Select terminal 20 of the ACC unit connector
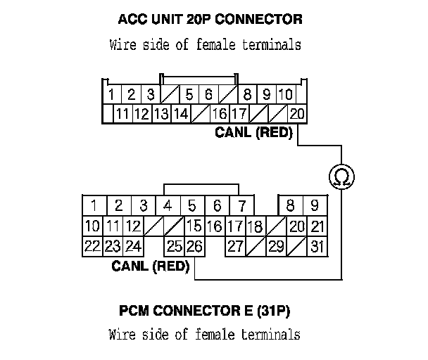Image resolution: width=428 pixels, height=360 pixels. coord(296,113)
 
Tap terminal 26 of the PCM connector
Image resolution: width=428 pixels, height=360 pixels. coord(194,246)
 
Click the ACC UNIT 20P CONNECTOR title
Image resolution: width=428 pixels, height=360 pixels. coord(205,19)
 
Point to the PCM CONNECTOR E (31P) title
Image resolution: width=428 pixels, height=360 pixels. coord(204,310)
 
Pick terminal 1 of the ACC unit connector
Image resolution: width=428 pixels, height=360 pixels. coord(112,94)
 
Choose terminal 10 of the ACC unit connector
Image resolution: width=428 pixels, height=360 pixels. coord(285,94)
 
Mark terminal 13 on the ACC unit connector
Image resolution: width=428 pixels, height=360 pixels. coord(161,113)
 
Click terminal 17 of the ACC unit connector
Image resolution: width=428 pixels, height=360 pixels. coord(239,113)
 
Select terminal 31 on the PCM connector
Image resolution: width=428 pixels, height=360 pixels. coord(317,246)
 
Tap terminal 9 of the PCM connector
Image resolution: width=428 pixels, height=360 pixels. coord(315,206)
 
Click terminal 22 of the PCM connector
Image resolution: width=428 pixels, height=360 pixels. coord(92,246)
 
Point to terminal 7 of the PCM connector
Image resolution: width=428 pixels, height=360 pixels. coord(241,206)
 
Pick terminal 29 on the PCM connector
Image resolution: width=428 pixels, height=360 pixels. coord(275,246)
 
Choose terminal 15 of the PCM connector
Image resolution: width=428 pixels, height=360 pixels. coord(194,226)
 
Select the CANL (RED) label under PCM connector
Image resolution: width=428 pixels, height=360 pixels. coord(151,266)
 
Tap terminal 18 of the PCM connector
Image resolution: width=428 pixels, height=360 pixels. coord(256,226)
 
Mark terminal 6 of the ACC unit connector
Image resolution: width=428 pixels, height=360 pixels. coord(209,94)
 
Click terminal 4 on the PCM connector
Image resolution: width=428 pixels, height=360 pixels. coord(168,206)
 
